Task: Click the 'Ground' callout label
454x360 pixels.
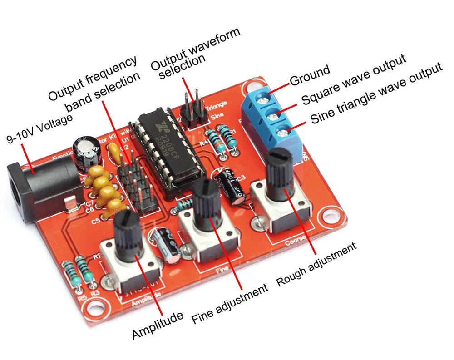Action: point(310,75)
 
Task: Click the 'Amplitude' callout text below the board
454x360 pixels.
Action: point(158,325)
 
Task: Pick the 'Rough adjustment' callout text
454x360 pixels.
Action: point(316,265)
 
